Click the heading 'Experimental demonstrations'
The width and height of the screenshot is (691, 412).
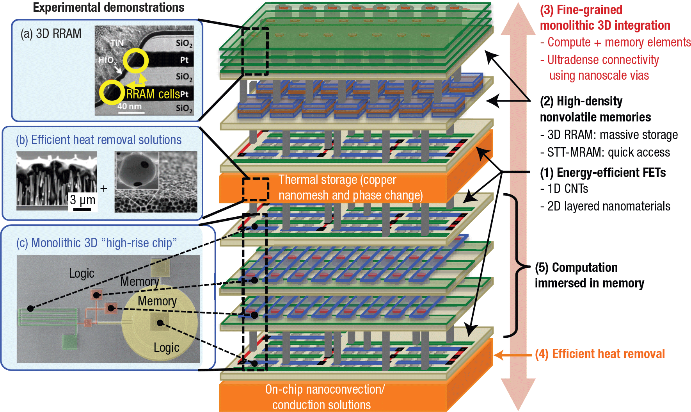[108, 8]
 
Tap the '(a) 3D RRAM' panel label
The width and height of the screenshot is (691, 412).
[51, 34]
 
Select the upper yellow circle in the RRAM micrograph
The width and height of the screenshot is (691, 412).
[135, 61]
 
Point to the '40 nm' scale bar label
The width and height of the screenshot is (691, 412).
[130, 106]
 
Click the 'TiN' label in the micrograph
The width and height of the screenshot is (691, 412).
[117, 43]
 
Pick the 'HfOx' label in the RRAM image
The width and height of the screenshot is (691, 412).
[107, 60]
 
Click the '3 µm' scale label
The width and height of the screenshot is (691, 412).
[82, 200]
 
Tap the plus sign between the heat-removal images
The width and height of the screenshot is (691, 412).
[104, 189]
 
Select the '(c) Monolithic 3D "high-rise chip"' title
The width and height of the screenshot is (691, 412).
[96, 243]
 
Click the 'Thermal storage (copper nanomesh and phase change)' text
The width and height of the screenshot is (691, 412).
[350, 187]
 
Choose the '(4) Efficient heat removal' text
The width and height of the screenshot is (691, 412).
[600, 354]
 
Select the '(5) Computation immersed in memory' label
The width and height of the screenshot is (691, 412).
[589, 275]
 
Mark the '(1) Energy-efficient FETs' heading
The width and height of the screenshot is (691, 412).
[602, 173]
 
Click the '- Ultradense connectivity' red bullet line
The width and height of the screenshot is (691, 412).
[599, 60]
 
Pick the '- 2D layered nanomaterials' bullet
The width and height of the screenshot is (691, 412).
[605, 206]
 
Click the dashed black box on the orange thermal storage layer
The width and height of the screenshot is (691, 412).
[256, 189]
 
